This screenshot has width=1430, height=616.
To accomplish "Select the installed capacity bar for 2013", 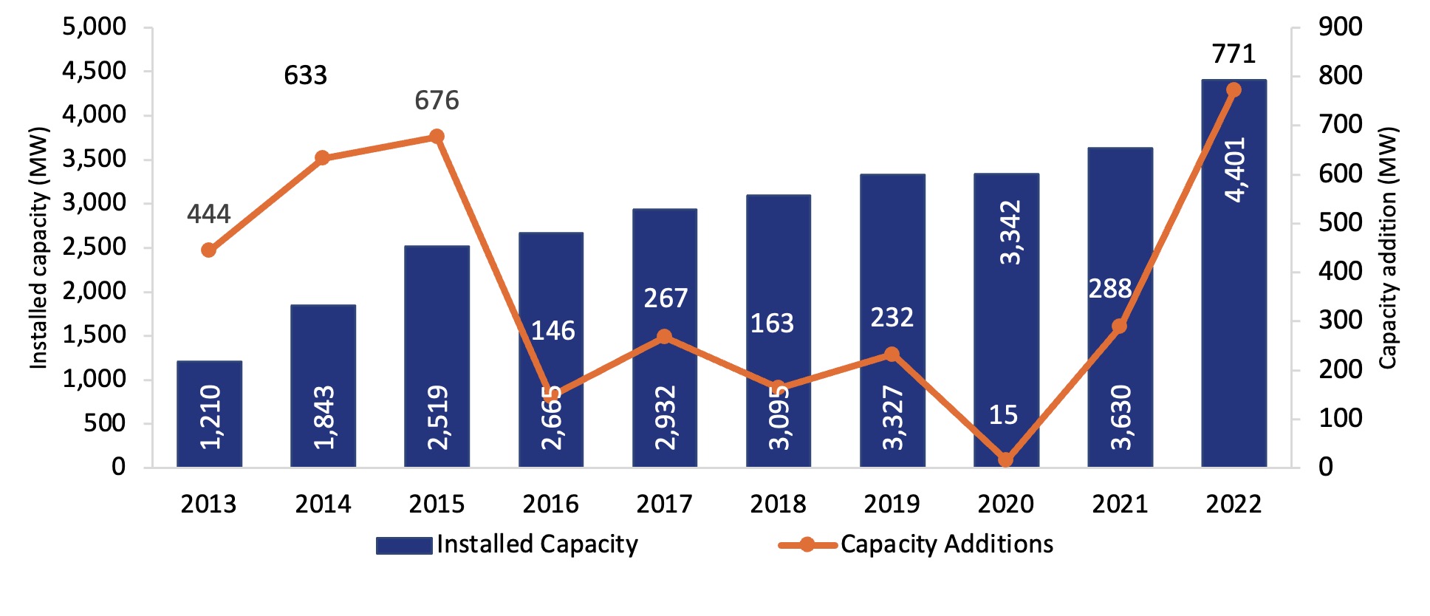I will (209, 414).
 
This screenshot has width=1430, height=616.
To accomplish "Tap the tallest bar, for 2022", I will (1234, 295).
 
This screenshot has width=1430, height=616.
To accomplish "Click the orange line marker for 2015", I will (437, 137).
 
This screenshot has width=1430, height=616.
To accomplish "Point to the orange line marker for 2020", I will (1005, 459).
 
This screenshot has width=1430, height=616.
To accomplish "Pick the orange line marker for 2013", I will (209, 250).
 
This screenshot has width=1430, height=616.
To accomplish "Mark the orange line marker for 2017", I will (664, 337).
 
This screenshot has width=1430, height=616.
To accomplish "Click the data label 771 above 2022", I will (1234, 54).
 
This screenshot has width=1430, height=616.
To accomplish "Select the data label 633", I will (305, 75).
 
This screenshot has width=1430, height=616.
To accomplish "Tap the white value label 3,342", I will (1010, 232).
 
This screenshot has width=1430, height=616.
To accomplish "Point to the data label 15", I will (1003, 415).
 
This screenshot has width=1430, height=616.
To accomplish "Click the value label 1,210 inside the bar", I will (211, 417).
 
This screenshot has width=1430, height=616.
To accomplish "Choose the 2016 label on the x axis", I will (550, 504).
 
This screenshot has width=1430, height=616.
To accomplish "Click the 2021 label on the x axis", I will (1120, 504).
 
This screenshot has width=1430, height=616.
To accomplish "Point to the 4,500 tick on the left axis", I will (94, 72).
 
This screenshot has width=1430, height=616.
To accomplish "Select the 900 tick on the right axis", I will (1340, 27).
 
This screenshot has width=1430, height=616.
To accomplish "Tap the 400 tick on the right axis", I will (1340, 271).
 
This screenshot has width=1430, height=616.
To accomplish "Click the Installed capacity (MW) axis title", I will (38, 247).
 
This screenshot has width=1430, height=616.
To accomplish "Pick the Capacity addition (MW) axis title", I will (1388, 247).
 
